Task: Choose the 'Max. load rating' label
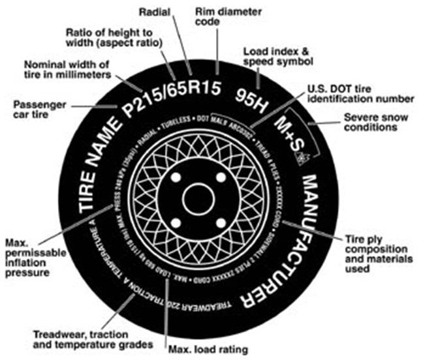click(x=204, y=350)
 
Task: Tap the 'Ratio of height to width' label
click(x=117, y=37)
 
